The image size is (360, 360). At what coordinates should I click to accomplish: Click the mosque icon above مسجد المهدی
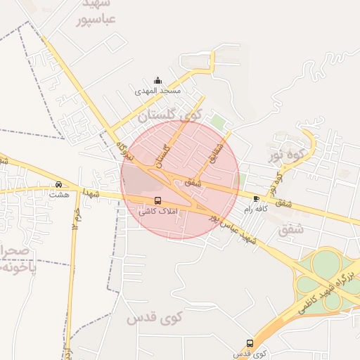click(157, 80)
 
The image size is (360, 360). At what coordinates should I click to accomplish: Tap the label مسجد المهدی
click(159, 91)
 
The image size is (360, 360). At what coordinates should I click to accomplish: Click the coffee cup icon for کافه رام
click(255, 199)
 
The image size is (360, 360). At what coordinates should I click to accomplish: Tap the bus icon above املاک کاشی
click(157, 200)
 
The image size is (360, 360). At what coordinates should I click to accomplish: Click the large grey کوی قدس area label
click(154, 318)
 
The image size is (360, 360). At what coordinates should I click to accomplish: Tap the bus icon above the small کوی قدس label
click(250, 343)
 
